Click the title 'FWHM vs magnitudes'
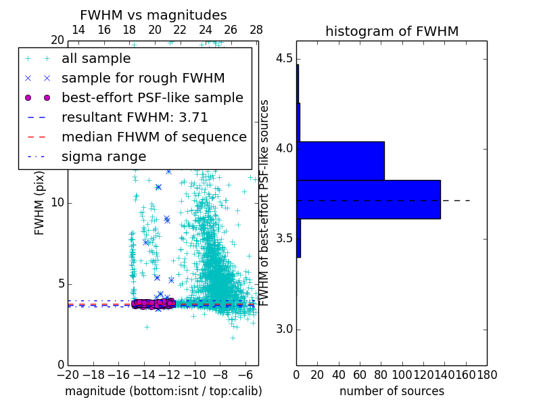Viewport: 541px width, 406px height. click(x=154, y=15)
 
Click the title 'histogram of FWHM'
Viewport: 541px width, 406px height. click(x=392, y=31)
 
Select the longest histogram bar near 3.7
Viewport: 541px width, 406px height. click(x=368, y=200)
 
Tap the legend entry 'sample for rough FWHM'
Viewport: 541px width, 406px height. click(x=143, y=78)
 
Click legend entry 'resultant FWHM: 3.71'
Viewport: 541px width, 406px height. click(x=135, y=117)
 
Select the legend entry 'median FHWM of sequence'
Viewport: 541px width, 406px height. click(x=154, y=137)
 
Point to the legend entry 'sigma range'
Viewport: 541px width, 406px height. click(x=103, y=156)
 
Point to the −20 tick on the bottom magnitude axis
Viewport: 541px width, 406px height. click(x=68, y=374)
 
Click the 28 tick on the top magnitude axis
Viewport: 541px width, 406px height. click(x=256, y=30)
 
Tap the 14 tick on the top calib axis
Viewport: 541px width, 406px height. click(x=78, y=30)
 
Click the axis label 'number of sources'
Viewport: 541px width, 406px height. click(x=392, y=391)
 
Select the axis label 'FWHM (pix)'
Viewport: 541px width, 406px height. click(x=40, y=203)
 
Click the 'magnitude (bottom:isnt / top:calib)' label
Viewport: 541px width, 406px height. click(x=163, y=391)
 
